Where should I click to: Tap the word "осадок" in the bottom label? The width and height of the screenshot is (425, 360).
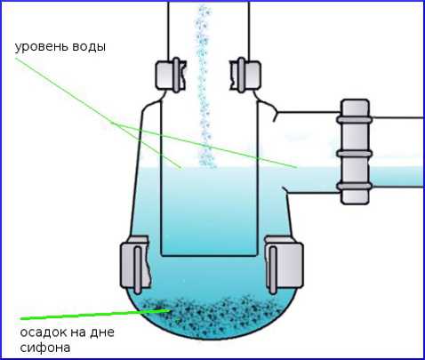[x=44, y=332]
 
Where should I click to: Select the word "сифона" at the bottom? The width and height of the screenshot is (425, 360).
[x=45, y=348]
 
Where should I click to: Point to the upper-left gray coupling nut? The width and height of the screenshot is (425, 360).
[x=171, y=75]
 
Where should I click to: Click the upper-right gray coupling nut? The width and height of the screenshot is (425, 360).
[x=245, y=75]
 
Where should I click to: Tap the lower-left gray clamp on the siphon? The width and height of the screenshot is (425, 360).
[x=136, y=265]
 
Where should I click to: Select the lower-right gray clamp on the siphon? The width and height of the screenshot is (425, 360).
[x=284, y=265]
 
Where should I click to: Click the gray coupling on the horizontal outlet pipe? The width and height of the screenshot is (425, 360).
[x=355, y=152]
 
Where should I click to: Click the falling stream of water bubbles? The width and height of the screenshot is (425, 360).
[x=204, y=86]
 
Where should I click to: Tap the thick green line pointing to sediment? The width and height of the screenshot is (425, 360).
[x=95, y=315]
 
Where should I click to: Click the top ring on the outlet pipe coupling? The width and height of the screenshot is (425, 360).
[x=354, y=120]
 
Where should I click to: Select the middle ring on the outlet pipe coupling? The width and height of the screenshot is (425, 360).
[x=354, y=154]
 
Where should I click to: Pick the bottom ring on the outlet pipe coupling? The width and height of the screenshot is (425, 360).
[x=354, y=186]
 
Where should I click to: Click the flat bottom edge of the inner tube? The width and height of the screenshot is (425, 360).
[x=209, y=255]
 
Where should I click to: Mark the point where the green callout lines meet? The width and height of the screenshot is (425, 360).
[x=113, y=123]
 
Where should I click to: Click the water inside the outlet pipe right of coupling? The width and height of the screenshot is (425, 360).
[x=397, y=177]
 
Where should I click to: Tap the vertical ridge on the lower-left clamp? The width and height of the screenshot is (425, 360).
[x=138, y=270]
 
